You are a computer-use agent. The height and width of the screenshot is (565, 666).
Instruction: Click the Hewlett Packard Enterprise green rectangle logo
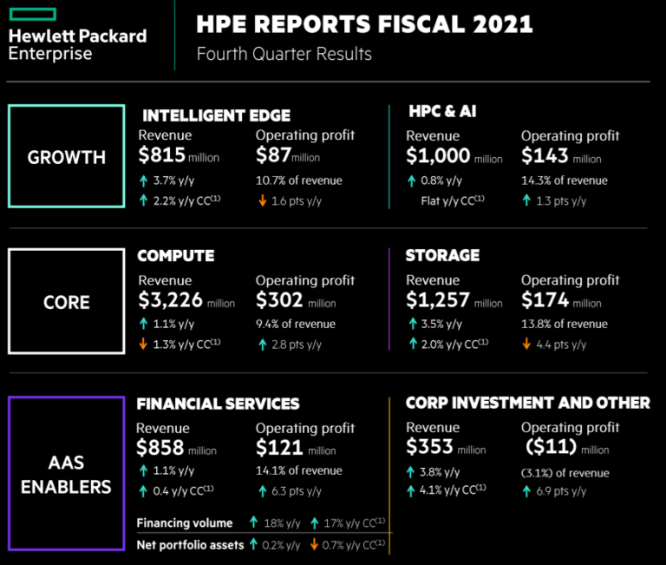pyautogui.click(x=33, y=14)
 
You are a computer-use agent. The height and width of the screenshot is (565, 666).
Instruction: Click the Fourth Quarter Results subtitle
pyautogui.click(x=284, y=54)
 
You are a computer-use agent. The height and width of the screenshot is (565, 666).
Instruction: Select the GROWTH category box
pyautogui.click(x=66, y=157)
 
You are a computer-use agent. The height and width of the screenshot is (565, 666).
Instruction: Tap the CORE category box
pyautogui.click(x=66, y=301)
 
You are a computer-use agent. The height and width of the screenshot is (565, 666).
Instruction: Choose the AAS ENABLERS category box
pyautogui.click(x=66, y=473)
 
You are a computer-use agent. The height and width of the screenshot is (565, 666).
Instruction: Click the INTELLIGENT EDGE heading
pyautogui.click(x=216, y=115)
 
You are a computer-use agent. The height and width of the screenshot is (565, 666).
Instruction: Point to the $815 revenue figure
pyautogui.click(x=162, y=156)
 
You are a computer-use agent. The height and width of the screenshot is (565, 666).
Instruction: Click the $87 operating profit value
pyautogui.click(x=273, y=156)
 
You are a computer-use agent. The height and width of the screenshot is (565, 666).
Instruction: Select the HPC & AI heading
pyautogui.click(x=442, y=111)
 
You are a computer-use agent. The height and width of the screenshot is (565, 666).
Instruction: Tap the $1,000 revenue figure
pyautogui.click(x=438, y=156)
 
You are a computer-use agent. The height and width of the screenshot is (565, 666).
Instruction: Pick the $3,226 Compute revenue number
pyautogui.click(x=171, y=300)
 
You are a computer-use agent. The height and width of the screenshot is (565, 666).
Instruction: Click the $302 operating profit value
pyautogui.click(x=279, y=300)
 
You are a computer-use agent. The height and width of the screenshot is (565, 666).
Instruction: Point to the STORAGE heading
pyautogui.click(x=442, y=255)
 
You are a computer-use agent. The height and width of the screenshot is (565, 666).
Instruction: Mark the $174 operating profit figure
pyautogui.click(x=545, y=300)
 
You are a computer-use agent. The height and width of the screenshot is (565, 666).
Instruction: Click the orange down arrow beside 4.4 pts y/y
pyautogui.click(x=526, y=345)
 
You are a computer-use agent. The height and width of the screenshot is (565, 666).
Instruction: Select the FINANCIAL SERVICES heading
pyautogui.click(x=218, y=404)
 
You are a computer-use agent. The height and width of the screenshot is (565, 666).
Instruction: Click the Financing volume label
pyautogui.click(x=185, y=522)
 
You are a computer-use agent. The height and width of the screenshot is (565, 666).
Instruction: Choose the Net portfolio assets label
pyautogui.click(x=189, y=544)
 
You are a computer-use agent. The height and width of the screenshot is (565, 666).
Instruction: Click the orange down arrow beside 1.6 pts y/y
pyautogui.click(x=261, y=201)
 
